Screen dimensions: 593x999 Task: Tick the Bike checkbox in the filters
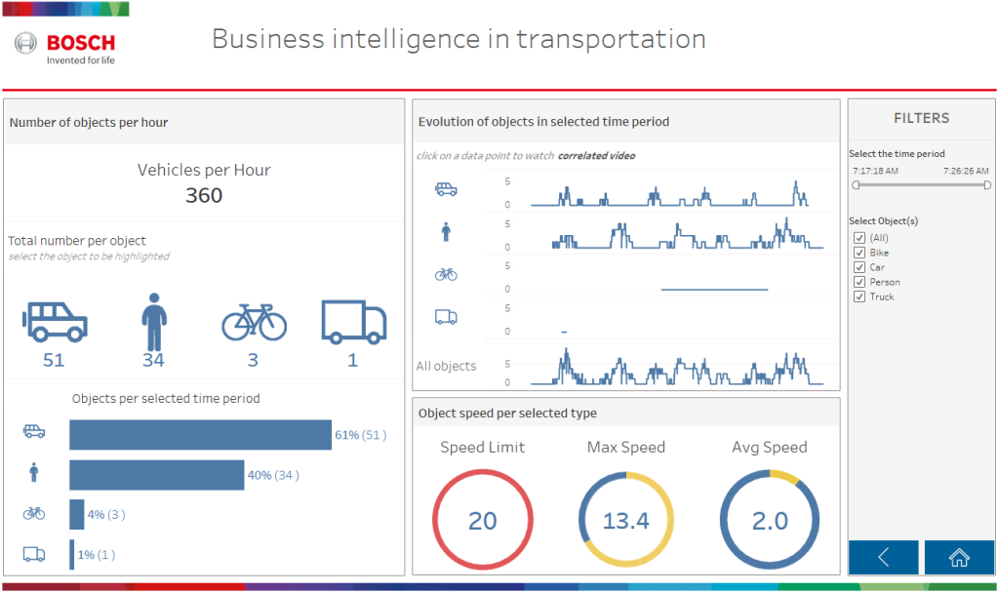pyautogui.click(x=859, y=253)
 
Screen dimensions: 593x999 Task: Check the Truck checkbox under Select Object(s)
pyautogui.click(x=859, y=296)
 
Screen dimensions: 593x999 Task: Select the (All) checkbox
pyautogui.click(x=859, y=238)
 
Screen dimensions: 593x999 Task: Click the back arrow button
pyautogui.click(x=883, y=557)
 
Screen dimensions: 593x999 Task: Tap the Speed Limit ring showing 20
pyautogui.click(x=482, y=521)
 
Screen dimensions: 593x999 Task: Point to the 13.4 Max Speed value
pyautogui.click(x=626, y=521)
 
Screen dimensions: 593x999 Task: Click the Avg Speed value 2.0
pyautogui.click(x=770, y=521)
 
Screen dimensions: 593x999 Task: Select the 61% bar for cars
pyautogui.click(x=200, y=435)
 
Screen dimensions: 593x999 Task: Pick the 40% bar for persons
pyautogui.click(x=156, y=475)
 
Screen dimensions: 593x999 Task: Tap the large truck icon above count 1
pyautogui.click(x=353, y=322)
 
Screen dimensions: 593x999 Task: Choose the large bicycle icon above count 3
pyautogui.click(x=254, y=323)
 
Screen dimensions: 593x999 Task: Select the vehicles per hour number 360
pyautogui.click(x=204, y=195)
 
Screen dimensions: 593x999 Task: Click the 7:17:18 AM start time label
pyautogui.click(x=875, y=171)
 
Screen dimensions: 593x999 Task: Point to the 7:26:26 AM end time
pyautogui.click(x=966, y=171)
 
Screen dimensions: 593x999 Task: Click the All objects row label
pyautogui.click(x=446, y=367)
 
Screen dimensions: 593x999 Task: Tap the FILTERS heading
pyautogui.click(x=921, y=118)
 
